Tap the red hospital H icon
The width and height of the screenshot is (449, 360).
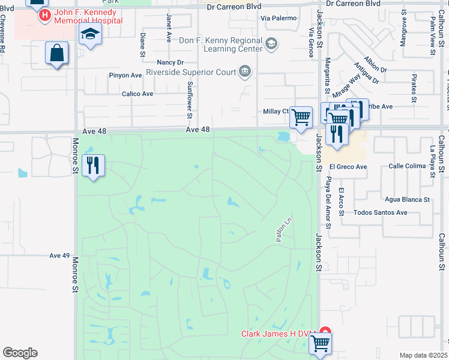pos(44,16)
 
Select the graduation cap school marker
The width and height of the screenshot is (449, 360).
pos(90,34)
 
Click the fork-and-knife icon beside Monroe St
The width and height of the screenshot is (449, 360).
pos(92,165)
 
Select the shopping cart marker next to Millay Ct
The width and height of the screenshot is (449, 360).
pos(301,116)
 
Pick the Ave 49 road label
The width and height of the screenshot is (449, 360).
pos(59,256)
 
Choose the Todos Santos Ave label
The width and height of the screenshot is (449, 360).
pos(381,212)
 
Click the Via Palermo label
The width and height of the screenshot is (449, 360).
pos(279,18)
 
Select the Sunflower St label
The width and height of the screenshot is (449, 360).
pos(190,100)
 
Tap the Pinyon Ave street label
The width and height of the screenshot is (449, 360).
pos(125,76)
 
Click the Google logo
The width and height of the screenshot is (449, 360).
pos(20,353)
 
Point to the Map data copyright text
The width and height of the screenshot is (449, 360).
pos(424,355)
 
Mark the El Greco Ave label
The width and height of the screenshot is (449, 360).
pos(348,167)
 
